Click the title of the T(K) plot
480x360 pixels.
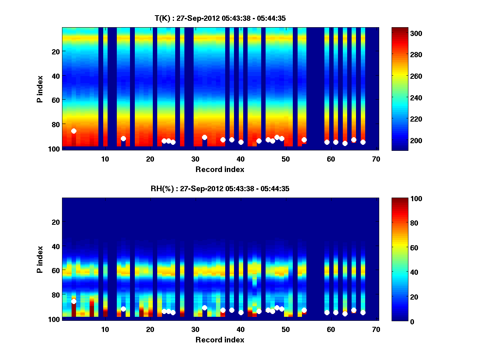[220, 18]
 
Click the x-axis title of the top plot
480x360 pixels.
[220, 169]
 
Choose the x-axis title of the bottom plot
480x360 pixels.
[220, 340]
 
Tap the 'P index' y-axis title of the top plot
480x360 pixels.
[40, 89]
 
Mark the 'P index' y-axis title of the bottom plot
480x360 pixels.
[40, 259]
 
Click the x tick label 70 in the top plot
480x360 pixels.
[376, 159]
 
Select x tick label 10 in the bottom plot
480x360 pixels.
[105, 329]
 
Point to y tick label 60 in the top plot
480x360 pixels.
[55, 100]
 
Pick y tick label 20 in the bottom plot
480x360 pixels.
[55, 222]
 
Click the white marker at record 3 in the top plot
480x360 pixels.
[74, 131]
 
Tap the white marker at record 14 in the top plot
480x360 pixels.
[123, 138]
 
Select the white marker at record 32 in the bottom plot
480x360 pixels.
[204, 308]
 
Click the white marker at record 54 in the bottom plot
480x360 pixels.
[304, 310]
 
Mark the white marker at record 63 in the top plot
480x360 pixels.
[345, 143]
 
